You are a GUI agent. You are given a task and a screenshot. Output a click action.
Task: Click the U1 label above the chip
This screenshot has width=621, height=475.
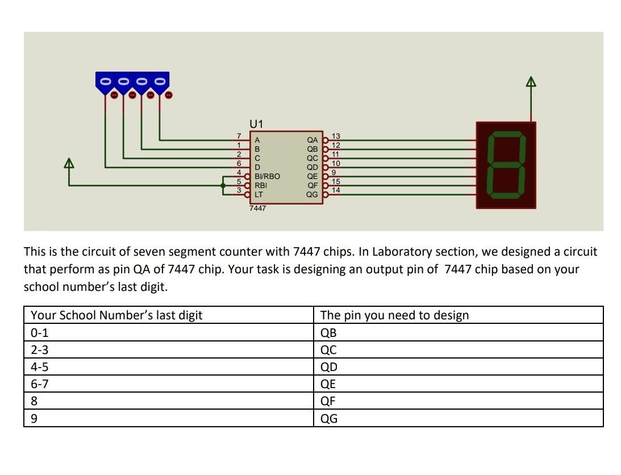pos(256,124)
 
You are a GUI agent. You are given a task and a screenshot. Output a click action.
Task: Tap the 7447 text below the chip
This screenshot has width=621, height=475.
pos(257,209)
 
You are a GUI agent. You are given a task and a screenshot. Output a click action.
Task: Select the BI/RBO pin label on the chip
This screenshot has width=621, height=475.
pos(267,176)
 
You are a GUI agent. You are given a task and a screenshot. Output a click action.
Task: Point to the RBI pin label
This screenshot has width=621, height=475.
pos(261,185)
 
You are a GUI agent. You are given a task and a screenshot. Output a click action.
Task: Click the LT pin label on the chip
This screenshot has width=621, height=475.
pos(259,194)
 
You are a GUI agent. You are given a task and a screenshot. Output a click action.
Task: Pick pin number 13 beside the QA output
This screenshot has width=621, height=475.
pos(336,136)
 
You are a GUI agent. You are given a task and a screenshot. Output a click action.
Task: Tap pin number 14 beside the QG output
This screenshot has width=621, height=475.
pos(336,190)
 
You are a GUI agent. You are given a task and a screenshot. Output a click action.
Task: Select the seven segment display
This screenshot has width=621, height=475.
pos(506,165)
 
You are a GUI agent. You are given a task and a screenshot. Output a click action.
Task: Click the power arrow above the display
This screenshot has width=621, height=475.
pos(531,82)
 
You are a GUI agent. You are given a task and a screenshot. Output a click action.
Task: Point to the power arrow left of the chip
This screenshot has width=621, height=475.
pos(69,164)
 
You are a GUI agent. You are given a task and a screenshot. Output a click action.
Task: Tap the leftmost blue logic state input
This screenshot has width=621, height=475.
pos(105,81)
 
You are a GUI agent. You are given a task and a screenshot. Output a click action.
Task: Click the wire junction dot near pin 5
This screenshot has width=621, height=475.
pos(223,185)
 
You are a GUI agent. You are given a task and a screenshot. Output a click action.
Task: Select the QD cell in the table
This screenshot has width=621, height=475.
pos(329,366)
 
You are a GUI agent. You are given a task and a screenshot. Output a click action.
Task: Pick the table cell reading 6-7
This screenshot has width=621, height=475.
pos(40,384)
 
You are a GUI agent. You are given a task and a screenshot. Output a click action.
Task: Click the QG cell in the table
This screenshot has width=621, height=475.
pos(329,418)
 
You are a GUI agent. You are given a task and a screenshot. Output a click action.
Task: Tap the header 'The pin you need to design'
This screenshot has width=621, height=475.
pos(394,315)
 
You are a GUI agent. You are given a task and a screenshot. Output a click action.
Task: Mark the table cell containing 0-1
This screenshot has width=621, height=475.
pos(40,332)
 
